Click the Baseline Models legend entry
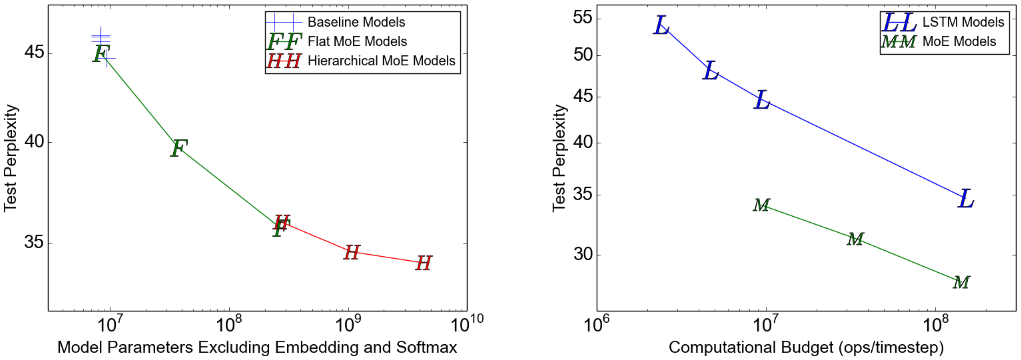[x=356, y=22]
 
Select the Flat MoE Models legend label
[x=357, y=42]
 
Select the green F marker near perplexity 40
[x=179, y=148]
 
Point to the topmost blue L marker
[x=661, y=26]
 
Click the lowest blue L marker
[x=966, y=199]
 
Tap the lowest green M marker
[x=961, y=283]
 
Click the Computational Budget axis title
[x=806, y=348]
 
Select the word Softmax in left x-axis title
[x=427, y=348]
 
